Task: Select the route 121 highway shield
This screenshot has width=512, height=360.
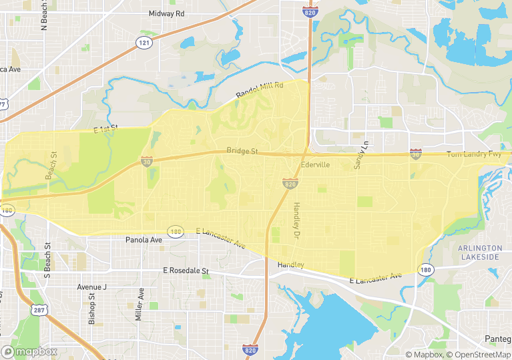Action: click(144, 43)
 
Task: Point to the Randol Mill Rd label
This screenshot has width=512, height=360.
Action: click(260, 92)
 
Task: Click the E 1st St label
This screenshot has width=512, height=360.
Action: click(105, 128)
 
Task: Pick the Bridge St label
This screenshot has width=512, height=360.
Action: click(242, 151)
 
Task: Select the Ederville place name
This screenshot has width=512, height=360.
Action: click(316, 164)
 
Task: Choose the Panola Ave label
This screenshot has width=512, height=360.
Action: click(144, 240)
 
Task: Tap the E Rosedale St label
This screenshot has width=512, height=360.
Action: click(186, 271)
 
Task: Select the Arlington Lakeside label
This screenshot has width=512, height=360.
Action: click(479, 252)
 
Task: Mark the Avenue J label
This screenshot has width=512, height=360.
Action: click(91, 287)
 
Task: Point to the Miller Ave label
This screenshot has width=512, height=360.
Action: click(140, 305)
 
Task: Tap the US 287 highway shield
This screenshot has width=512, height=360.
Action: click(37, 310)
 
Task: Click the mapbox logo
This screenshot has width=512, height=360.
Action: click(29, 351)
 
